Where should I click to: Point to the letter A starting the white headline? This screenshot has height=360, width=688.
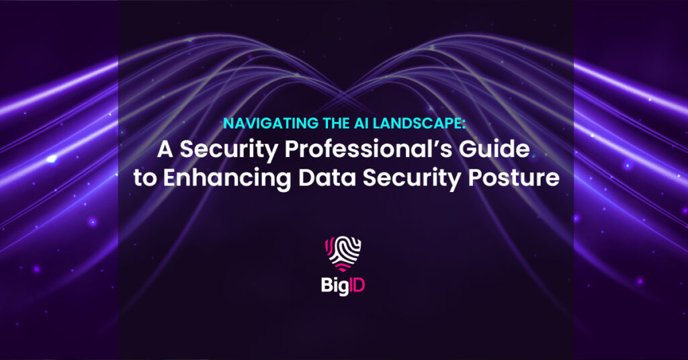click(165, 149)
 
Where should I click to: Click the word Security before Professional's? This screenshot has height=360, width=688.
click(229, 151)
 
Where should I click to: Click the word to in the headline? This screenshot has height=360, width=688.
click(145, 179)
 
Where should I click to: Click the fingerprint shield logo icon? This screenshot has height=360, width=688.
click(343, 253)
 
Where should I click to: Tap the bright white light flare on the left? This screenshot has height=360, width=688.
click(52, 159)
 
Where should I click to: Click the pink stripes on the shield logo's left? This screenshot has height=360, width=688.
click(328, 247)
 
